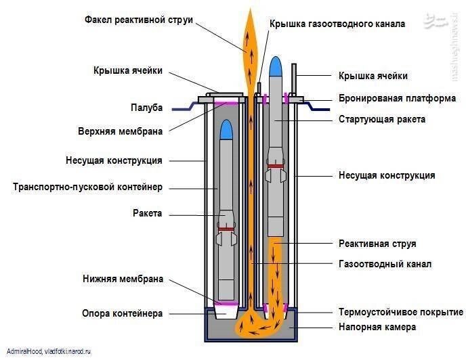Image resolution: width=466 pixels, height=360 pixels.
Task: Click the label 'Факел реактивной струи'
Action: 139,20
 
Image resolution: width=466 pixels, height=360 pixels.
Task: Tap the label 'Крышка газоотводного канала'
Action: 337,24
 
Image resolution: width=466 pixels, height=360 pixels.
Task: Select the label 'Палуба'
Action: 146,107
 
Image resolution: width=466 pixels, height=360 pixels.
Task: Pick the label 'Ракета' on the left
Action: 148,213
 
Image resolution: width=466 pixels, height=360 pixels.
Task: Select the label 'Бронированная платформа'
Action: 397,98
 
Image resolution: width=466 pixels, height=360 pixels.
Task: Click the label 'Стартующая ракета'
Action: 382,120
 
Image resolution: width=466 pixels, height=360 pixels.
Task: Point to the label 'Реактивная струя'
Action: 377,243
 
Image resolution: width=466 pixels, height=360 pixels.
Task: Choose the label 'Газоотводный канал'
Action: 385,264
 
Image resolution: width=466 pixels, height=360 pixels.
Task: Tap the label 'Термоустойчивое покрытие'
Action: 401,312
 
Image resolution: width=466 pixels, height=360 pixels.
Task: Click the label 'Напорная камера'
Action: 377,327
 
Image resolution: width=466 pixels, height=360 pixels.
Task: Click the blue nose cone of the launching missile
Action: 275,66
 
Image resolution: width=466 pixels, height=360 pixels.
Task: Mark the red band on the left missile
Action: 226,229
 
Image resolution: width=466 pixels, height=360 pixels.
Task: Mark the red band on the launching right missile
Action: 275,165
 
